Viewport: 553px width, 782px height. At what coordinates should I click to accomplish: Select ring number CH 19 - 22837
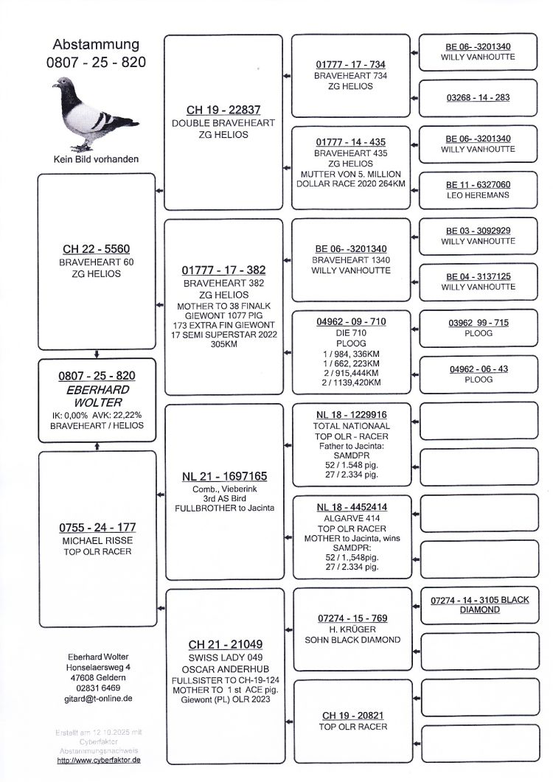tap(223, 110)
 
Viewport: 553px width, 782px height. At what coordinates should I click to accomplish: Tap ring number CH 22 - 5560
tap(96, 249)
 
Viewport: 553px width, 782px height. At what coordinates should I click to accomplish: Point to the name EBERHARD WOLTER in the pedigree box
tap(97, 396)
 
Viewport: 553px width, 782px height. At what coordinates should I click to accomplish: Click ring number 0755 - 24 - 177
tap(97, 528)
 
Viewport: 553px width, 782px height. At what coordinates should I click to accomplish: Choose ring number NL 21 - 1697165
tap(224, 476)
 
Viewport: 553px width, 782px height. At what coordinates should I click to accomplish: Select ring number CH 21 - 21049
tap(224, 644)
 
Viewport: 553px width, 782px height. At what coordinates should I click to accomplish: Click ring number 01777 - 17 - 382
tap(223, 270)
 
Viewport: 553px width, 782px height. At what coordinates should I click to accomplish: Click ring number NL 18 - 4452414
tap(352, 507)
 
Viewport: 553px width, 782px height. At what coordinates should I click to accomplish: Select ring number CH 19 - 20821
tap(352, 715)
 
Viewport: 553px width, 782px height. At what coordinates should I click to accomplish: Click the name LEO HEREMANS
tap(478, 195)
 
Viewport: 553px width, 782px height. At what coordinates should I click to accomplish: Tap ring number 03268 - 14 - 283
tap(478, 97)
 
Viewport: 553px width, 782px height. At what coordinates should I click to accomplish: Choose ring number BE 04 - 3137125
tap(478, 276)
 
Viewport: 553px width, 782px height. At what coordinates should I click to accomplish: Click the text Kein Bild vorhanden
tap(96, 158)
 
